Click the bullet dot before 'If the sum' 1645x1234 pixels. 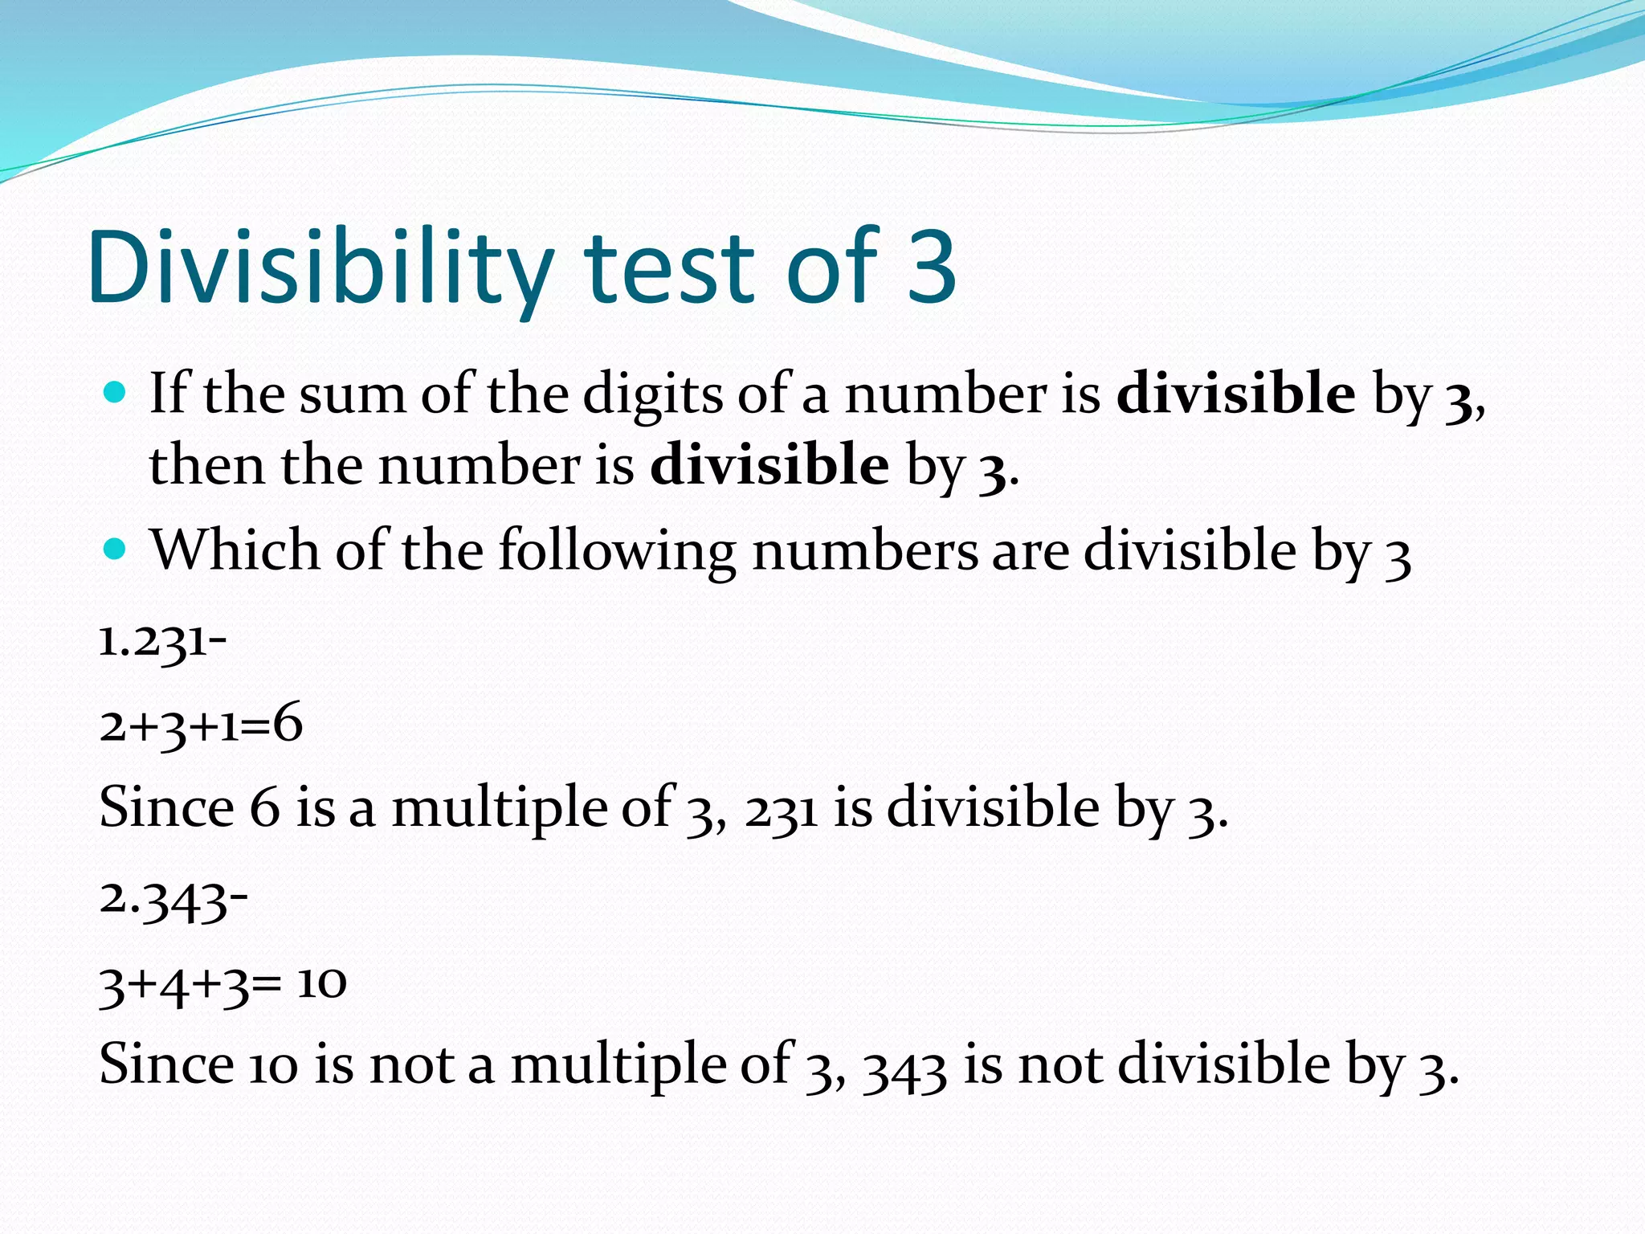coord(116,393)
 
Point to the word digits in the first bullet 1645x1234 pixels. coord(652,395)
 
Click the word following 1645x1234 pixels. coord(617,553)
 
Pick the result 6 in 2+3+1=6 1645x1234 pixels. coord(288,723)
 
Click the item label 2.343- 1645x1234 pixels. coord(173,900)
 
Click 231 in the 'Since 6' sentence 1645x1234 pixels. coord(781,810)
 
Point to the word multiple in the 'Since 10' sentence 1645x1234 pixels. coord(618,1065)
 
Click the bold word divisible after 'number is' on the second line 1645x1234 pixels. coord(769,466)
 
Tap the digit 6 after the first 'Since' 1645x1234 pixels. coord(264,807)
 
